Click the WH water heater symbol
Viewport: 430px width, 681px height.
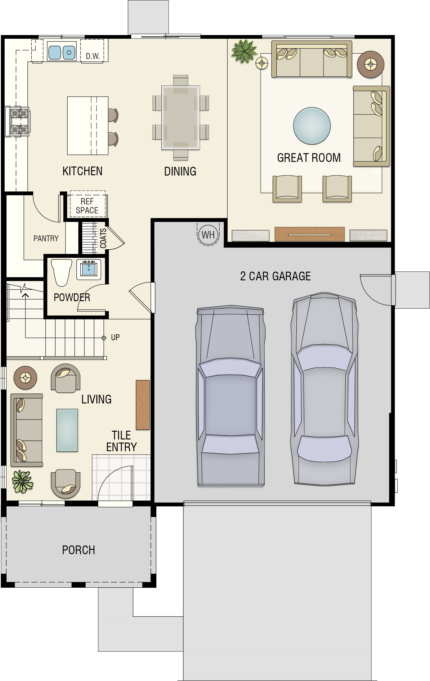[x=208, y=235]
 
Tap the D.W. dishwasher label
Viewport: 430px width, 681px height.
[x=92, y=56]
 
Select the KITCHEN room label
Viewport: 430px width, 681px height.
[x=82, y=171]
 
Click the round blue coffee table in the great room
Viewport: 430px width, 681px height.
[x=312, y=126]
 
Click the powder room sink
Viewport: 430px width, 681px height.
[x=89, y=269]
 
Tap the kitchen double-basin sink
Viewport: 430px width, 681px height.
[x=62, y=52]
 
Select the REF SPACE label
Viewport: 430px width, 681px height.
[x=87, y=206]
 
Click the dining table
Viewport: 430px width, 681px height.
[x=181, y=118]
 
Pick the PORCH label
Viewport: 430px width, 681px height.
[x=78, y=550]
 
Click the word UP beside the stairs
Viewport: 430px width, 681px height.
[x=115, y=337]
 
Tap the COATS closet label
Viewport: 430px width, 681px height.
[x=103, y=238]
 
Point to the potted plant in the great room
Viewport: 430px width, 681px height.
[x=244, y=51]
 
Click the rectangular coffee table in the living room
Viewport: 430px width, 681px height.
[x=67, y=430]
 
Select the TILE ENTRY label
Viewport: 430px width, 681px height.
[x=121, y=441]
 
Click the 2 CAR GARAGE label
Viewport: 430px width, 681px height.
[x=275, y=276]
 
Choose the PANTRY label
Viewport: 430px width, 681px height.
[x=46, y=238]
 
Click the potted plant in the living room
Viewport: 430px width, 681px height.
[x=22, y=482]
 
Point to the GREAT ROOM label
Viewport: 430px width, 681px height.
[x=309, y=158]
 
